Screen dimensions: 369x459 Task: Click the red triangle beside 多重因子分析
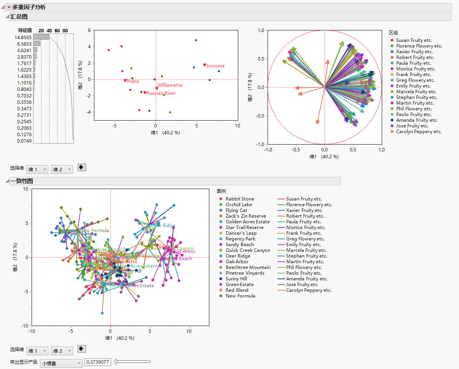(9, 7)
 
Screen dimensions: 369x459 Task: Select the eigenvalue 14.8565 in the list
(23, 37)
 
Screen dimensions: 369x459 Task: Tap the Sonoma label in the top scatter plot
(215, 66)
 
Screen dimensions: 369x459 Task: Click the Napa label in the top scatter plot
(132, 81)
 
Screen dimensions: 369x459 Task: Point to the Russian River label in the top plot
(161, 93)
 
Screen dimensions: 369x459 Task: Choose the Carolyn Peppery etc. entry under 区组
(418, 132)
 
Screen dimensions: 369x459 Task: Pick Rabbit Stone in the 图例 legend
(239, 199)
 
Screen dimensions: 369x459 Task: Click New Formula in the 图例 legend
(240, 296)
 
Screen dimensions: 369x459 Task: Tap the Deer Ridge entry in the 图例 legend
(238, 256)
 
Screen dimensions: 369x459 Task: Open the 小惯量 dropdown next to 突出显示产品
(61, 363)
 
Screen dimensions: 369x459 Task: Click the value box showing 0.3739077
(97, 363)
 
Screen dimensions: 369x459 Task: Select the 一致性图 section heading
(22, 181)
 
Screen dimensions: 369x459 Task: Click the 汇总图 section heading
(19, 17)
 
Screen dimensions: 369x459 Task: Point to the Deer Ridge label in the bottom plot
(163, 226)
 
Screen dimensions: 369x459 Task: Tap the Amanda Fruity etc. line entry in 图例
(307, 279)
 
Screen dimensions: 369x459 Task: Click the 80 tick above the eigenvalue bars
(65, 30)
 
